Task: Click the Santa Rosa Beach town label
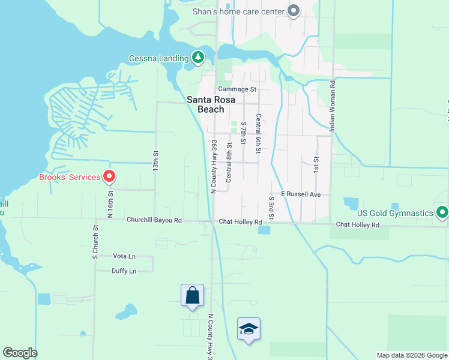point(205,105)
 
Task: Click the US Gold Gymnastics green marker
point(442,213)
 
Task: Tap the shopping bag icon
point(192,295)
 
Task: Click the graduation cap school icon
point(249,329)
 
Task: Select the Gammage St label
point(237,89)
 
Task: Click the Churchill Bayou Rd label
point(154,220)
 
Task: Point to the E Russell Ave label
point(301,194)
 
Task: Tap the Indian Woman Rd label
point(332,105)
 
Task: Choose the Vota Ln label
point(124,256)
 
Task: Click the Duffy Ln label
point(124,271)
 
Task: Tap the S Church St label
point(94,242)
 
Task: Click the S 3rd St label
point(271,206)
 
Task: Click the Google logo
point(20,353)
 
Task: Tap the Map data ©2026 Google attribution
point(411,355)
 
